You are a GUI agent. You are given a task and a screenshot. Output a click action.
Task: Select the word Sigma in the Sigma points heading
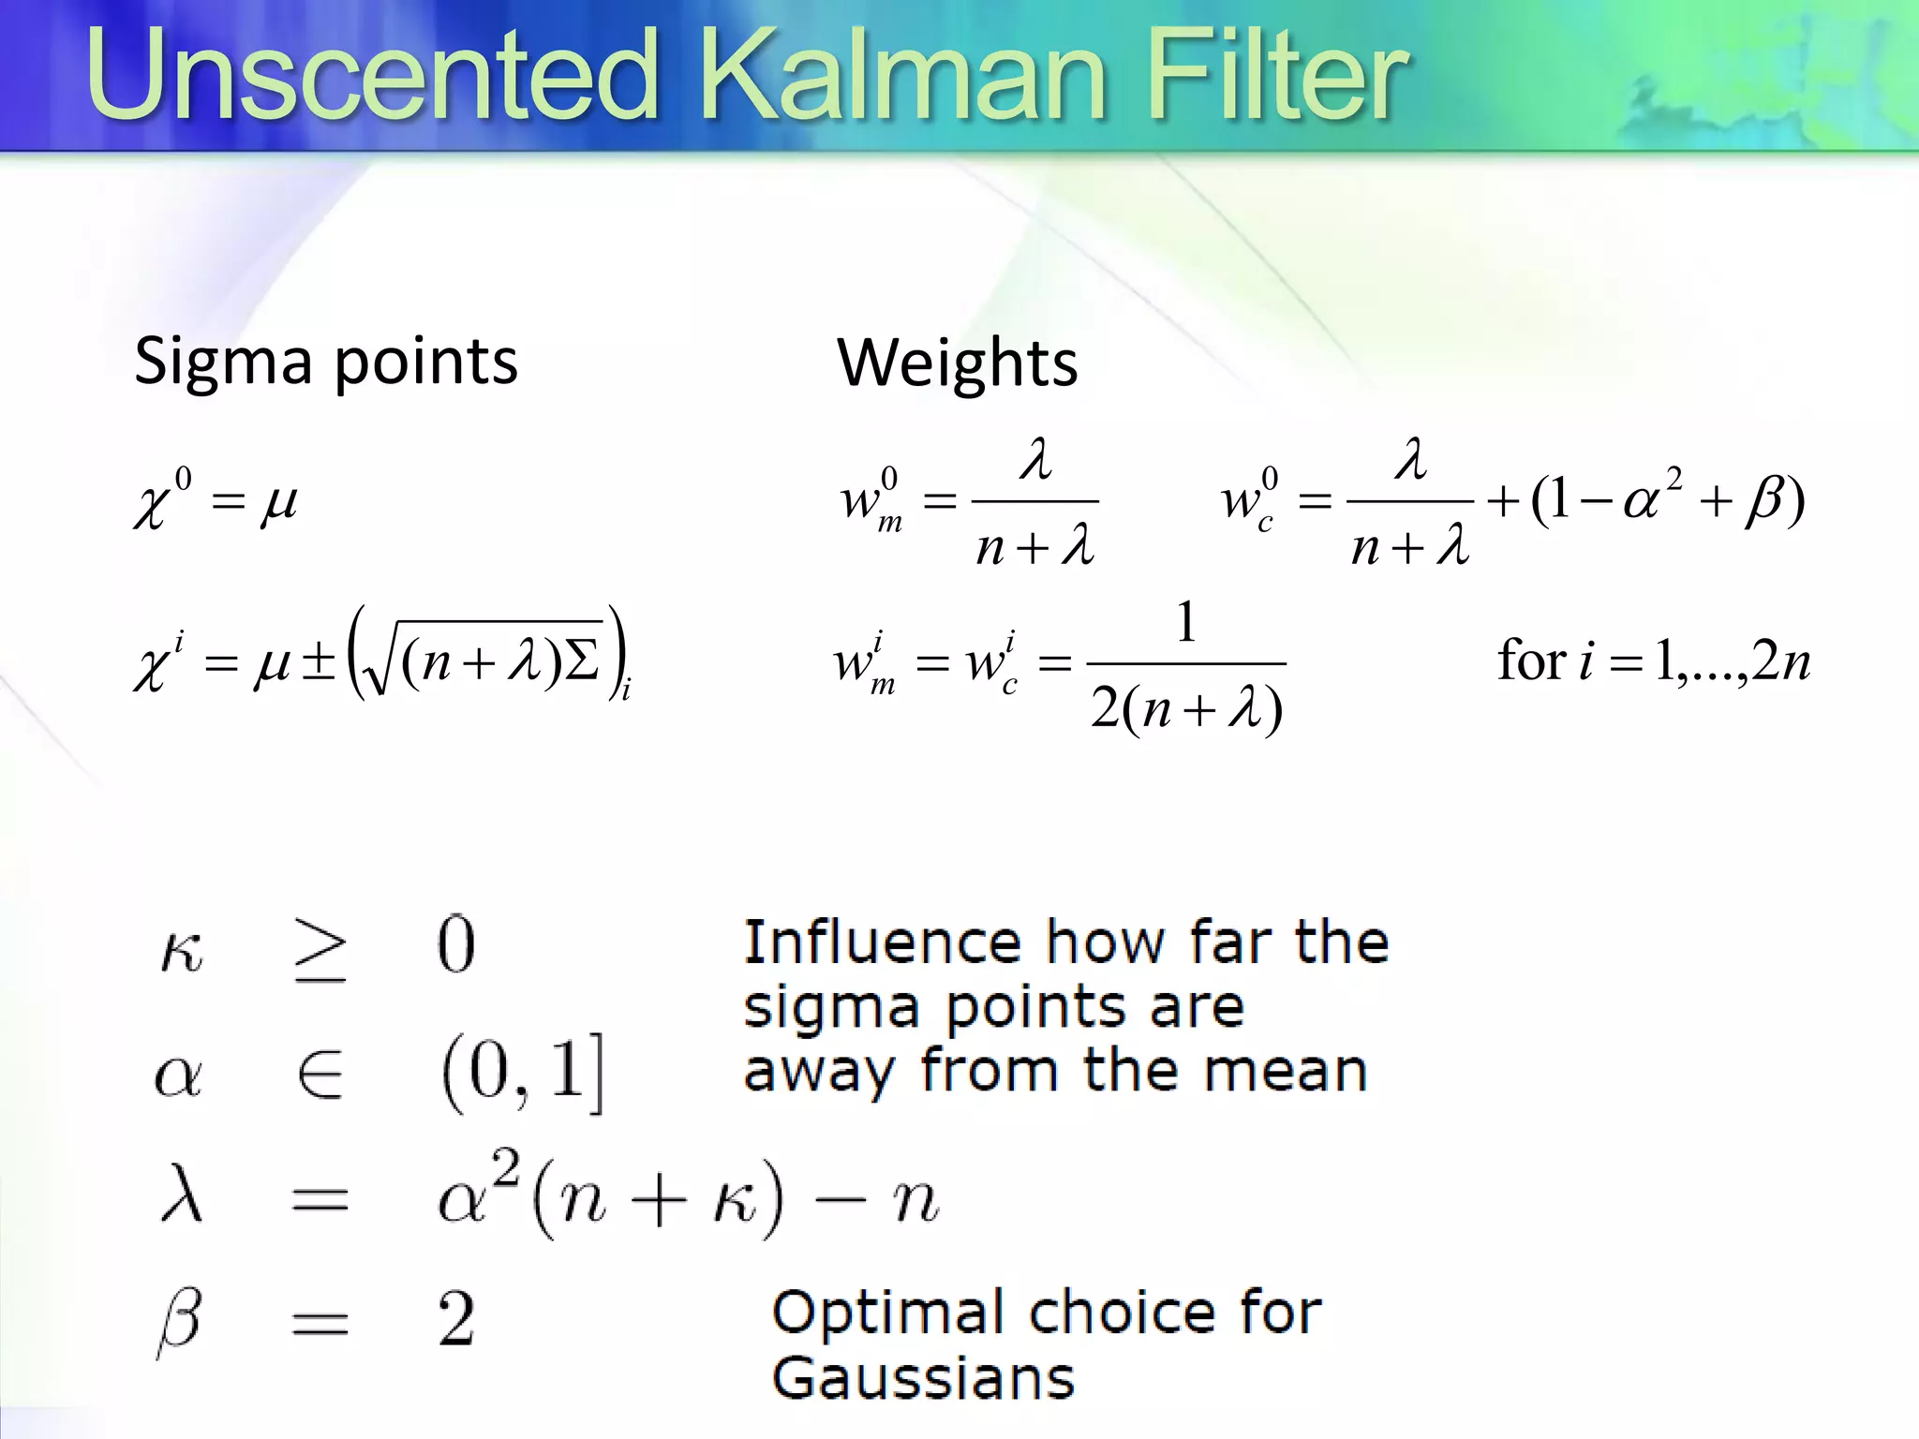222,362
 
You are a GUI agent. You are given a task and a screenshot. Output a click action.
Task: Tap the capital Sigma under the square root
582,661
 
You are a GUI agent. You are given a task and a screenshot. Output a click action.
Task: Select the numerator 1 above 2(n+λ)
1186,622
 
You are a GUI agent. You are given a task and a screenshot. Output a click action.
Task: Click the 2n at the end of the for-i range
1781,661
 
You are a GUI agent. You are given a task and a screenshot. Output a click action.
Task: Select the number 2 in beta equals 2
456,1319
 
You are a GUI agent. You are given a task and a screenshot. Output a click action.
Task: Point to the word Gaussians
923,1378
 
